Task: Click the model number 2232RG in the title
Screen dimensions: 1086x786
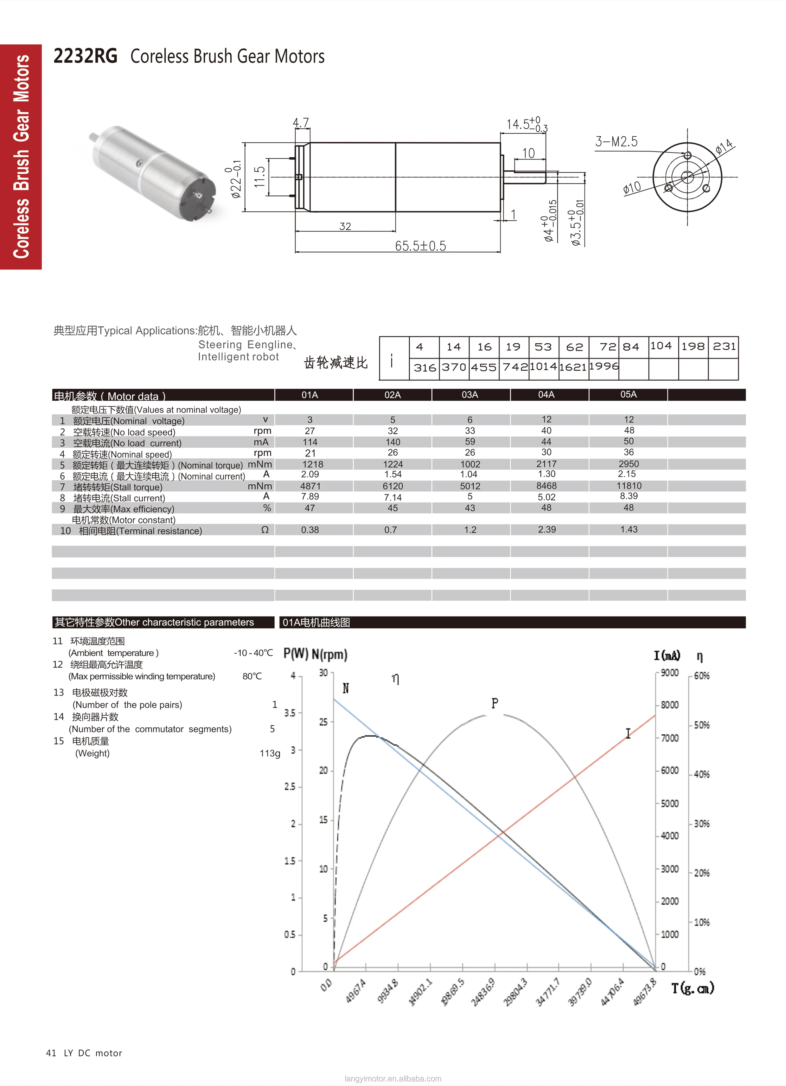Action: point(85,56)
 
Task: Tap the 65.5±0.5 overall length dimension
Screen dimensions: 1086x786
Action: point(420,246)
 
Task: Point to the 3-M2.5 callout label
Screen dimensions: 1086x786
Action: point(616,142)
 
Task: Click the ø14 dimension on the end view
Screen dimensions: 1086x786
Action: point(724,146)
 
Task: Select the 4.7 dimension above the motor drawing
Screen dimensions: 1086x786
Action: point(301,123)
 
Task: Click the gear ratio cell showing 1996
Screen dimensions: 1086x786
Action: point(604,366)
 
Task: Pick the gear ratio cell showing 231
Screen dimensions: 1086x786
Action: point(724,346)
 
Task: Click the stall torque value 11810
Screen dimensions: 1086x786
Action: point(629,486)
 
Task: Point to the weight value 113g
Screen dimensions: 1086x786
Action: point(270,753)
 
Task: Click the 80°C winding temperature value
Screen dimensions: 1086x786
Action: point(252,676)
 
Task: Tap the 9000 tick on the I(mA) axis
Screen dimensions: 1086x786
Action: point(669,673)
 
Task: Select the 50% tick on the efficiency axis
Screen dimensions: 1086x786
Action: point(701,725)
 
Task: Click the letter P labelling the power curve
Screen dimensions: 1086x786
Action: point(495,703)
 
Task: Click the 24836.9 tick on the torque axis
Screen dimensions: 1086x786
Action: point(483,992)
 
